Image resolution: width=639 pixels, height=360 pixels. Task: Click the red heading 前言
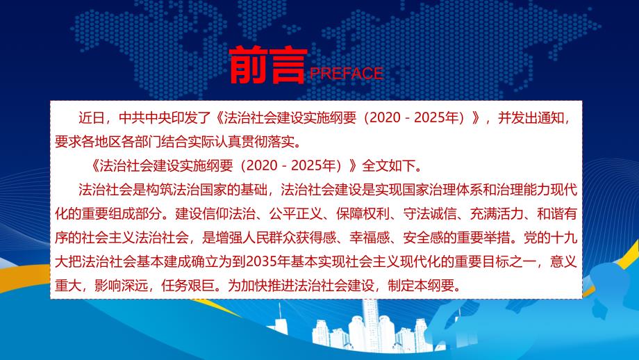click(x=267, y=65)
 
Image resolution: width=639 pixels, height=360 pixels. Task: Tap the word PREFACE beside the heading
click(x=347, y=74)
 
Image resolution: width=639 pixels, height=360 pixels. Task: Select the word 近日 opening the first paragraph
click(x=92, y=118)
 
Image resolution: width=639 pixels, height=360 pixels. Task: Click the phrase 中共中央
click(x=145, y=118)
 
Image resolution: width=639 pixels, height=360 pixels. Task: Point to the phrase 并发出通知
click(x=531, y=118)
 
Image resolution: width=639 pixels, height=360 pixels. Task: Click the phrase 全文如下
click(x=388, y=165)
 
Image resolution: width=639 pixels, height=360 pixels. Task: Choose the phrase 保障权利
click(x=363, y=213)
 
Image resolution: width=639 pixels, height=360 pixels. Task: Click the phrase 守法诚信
click(x=429, y=213)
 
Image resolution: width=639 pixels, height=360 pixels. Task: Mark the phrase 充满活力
click(x=496, y=213)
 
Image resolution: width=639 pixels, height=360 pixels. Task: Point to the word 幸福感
click(x=370, y=238)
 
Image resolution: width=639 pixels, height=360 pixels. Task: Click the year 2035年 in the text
click(x=267, y=261)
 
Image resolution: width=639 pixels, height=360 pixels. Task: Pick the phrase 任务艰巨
click(x=188, y=286)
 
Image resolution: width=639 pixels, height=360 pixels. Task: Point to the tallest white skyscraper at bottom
click(x=370, y=326)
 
